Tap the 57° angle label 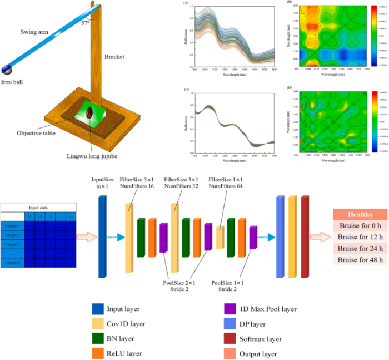pyautogui.click(x=85, y=23)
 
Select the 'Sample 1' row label pyautogui.click(x=12, y=226)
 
